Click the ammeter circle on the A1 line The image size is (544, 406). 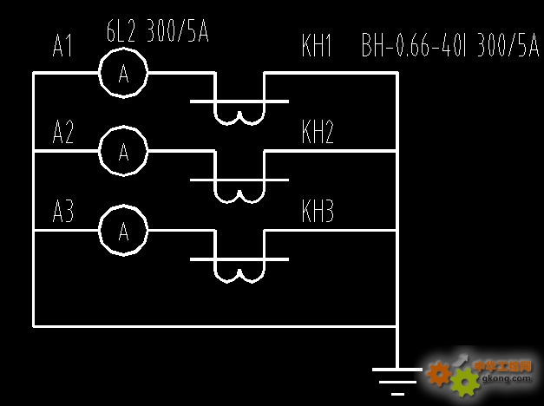click(x=123, y=74)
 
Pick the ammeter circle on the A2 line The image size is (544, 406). click(x=123, y=152)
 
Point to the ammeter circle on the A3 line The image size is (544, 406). click(x=123, y=230)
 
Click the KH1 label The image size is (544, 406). click(x=318, y=46)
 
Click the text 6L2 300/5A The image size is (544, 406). click(x=157, y=33)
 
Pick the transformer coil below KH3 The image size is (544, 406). click(x=239, y=272)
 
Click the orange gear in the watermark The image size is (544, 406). click(x=440, y=374)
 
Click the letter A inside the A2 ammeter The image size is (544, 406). click(x=123, y=152)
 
